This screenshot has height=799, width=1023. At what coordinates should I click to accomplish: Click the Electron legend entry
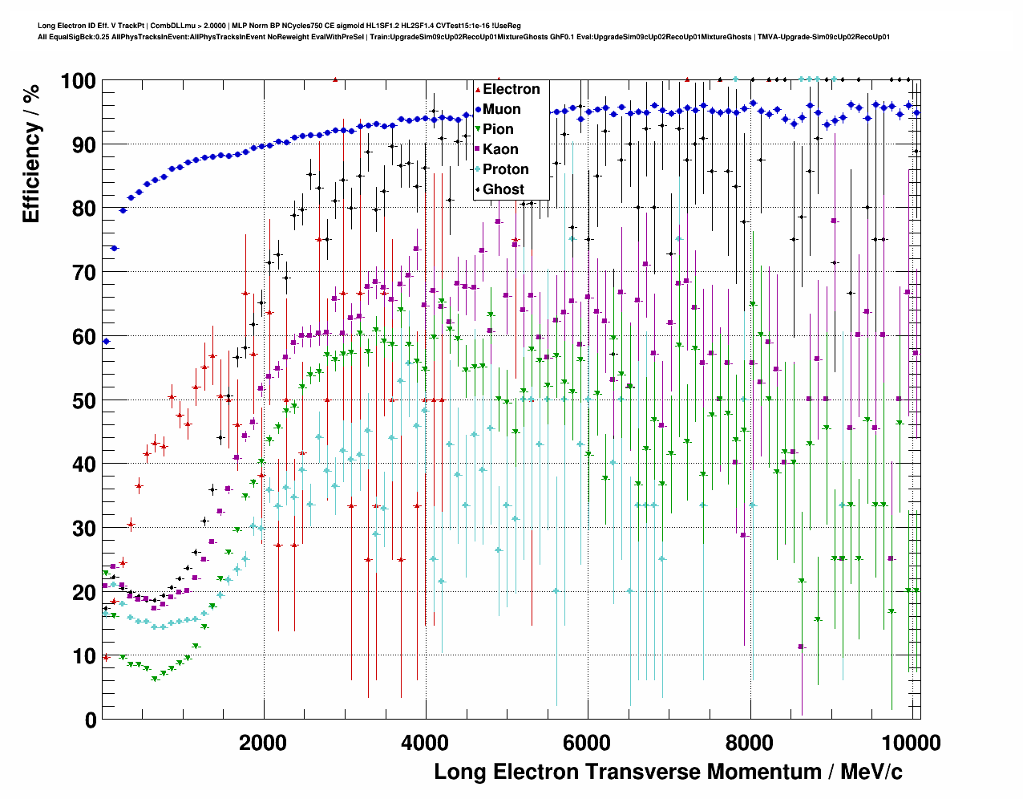pos(511,89)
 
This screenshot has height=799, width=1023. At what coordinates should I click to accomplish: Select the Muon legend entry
pos(501,109)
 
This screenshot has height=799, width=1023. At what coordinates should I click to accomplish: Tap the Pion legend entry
pos(498,129)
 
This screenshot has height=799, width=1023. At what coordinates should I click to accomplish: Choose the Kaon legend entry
pos(500,149)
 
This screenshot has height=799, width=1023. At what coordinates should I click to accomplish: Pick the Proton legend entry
pos(505,169)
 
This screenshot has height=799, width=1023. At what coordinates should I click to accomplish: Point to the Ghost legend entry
pos(503,189)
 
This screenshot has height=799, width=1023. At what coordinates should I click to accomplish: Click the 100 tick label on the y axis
pos(78,81)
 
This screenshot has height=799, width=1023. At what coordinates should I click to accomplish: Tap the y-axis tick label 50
pos(83,400)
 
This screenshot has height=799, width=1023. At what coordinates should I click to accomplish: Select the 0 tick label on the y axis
pos(90,720)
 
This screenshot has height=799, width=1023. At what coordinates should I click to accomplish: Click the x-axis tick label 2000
pos(263,743)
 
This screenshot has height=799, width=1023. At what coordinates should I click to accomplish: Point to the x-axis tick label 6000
pos(587,743)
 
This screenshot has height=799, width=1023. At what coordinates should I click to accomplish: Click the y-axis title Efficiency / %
pos(31,153)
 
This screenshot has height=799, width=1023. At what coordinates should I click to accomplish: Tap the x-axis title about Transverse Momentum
pos(668,772)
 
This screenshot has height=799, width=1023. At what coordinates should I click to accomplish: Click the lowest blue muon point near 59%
pos(106,341)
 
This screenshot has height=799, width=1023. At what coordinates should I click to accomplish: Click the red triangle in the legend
pos(479,89)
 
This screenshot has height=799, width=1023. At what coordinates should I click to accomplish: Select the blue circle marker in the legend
pos(479,109)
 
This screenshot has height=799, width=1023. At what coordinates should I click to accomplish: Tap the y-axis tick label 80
pos(83,209)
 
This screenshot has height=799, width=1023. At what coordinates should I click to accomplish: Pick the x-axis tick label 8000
pos(749,743)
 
